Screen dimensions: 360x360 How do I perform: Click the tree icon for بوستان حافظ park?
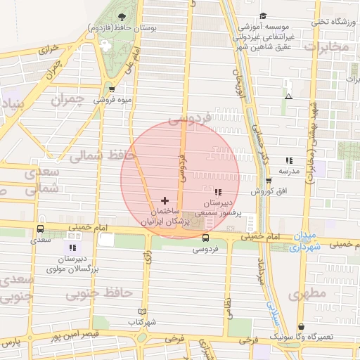pyautogui.click(x=122, y=16)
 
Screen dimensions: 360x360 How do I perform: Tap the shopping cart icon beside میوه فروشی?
pyautogui.click(x=112, y=89)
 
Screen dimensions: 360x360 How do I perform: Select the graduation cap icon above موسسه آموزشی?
pyautogui.click(x=263, y=16)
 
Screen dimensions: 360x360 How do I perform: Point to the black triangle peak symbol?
pyautogui.click(x=288, y=96)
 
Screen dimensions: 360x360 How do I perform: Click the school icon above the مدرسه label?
pyautogui.click(x=288, y=161)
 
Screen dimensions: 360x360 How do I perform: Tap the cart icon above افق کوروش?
pyautogui.click(x=269, y=181)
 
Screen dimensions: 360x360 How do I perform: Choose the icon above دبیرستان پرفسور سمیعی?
pyautogui.click(x=217, y=192)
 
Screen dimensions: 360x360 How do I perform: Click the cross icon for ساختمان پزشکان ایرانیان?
pyautogui.click(x=165, y=200)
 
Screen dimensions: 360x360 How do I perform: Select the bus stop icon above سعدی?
pyautogui.click(x=40, y=229)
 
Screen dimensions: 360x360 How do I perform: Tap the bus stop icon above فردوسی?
pyautogui.click(x=205, y=238)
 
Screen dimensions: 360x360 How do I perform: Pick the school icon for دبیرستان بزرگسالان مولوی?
pyautogui.click(x=73, y=247)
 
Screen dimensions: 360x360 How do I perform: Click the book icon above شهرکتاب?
pyautogui.click(x=143, y=311)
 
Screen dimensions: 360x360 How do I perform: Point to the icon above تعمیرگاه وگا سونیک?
pyautogui.click(x=302, y=326)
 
